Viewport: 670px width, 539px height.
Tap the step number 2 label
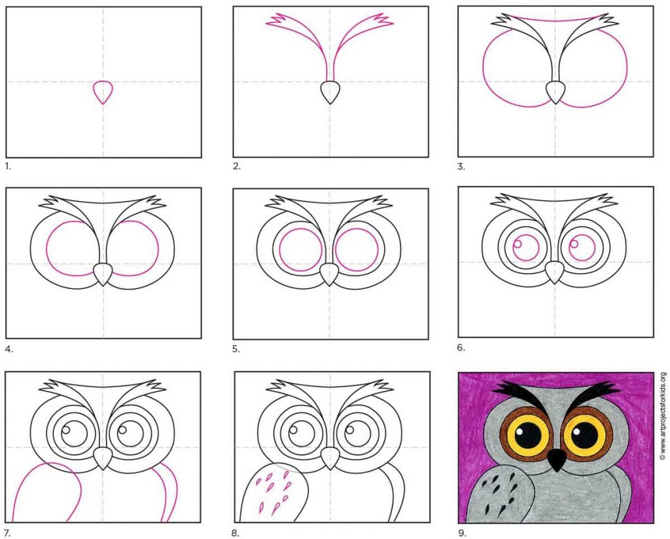(x=237, y=167)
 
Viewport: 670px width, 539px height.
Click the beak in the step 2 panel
(x=330, y=92)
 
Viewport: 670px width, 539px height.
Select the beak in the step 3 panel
(x=555, y=92)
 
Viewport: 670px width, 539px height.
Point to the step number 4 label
(x=9, y=349)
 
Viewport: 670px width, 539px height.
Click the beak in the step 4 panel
(x=103, y=274)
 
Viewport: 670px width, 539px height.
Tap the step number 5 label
(x=236, y=349)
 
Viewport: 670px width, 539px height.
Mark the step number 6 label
(x=461, y=347)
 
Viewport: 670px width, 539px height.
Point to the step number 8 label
(x=236, y=533)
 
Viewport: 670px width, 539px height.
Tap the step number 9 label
(x=462, y=533)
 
